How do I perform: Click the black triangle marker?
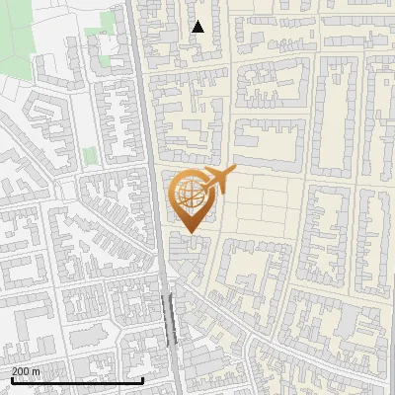(x=197, y=27)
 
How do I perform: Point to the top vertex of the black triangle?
(x=197, y=21)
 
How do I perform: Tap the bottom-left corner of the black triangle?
(x=192, y=33)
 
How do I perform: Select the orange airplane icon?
(x=219, y=180)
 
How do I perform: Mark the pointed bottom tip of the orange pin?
(x=191, y=233)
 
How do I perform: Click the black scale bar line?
(x=77, y=380)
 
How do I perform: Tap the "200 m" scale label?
(x=26, y=371)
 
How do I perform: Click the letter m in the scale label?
(x=37, y=371)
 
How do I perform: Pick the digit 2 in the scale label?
(x=15, y=371)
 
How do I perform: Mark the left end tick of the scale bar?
(x=11, y=378)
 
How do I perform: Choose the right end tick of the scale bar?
(x=143, y=378)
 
